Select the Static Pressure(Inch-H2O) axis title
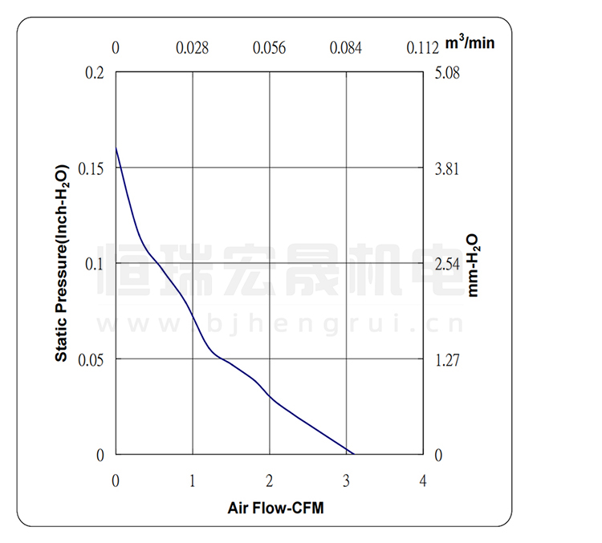[61, 262]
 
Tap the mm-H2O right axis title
[474, 265]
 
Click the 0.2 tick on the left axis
[95, 73]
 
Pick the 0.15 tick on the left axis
[92, 168]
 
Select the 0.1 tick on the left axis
[95, 264]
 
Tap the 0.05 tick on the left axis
[92, 359]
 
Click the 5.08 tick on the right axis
[447, 73]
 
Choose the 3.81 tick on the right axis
[447, 168]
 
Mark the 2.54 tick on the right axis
[447, 264]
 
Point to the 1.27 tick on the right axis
[447, 359]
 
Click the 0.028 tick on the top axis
[193, 48]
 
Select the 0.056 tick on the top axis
[270, 48]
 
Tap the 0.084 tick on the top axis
[346, 48]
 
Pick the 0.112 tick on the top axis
[422, 48]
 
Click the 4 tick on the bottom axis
[423, 480]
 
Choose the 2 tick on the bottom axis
[270, 480]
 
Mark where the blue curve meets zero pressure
[353, 454]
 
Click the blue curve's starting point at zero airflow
[116, 147]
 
